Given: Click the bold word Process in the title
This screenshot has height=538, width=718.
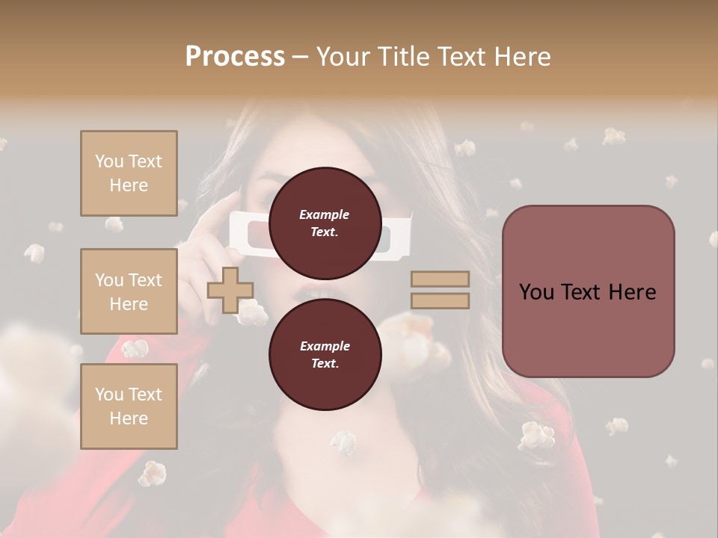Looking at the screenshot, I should [235, 57].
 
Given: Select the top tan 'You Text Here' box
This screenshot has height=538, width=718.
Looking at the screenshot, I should [129, 173].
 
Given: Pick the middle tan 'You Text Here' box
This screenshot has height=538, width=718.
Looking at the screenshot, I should [129, 291].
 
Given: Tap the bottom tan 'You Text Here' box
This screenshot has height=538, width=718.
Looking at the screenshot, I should [129, 406].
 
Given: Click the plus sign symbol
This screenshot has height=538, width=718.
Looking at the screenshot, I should [230, 290].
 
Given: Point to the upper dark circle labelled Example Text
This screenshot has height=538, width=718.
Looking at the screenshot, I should [325, 223].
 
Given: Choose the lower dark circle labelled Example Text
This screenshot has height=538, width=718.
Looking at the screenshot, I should [325, 354].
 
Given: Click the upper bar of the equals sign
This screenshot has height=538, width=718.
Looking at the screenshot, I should [440, 279].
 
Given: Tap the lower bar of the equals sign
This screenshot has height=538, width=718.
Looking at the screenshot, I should [440, 300].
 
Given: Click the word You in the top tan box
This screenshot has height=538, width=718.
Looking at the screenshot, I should [108, 161].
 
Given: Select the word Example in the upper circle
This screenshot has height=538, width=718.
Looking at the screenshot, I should [325, 214].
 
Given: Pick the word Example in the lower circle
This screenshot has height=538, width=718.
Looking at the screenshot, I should [325, 346].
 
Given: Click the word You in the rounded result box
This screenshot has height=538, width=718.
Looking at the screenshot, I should [536, 292].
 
